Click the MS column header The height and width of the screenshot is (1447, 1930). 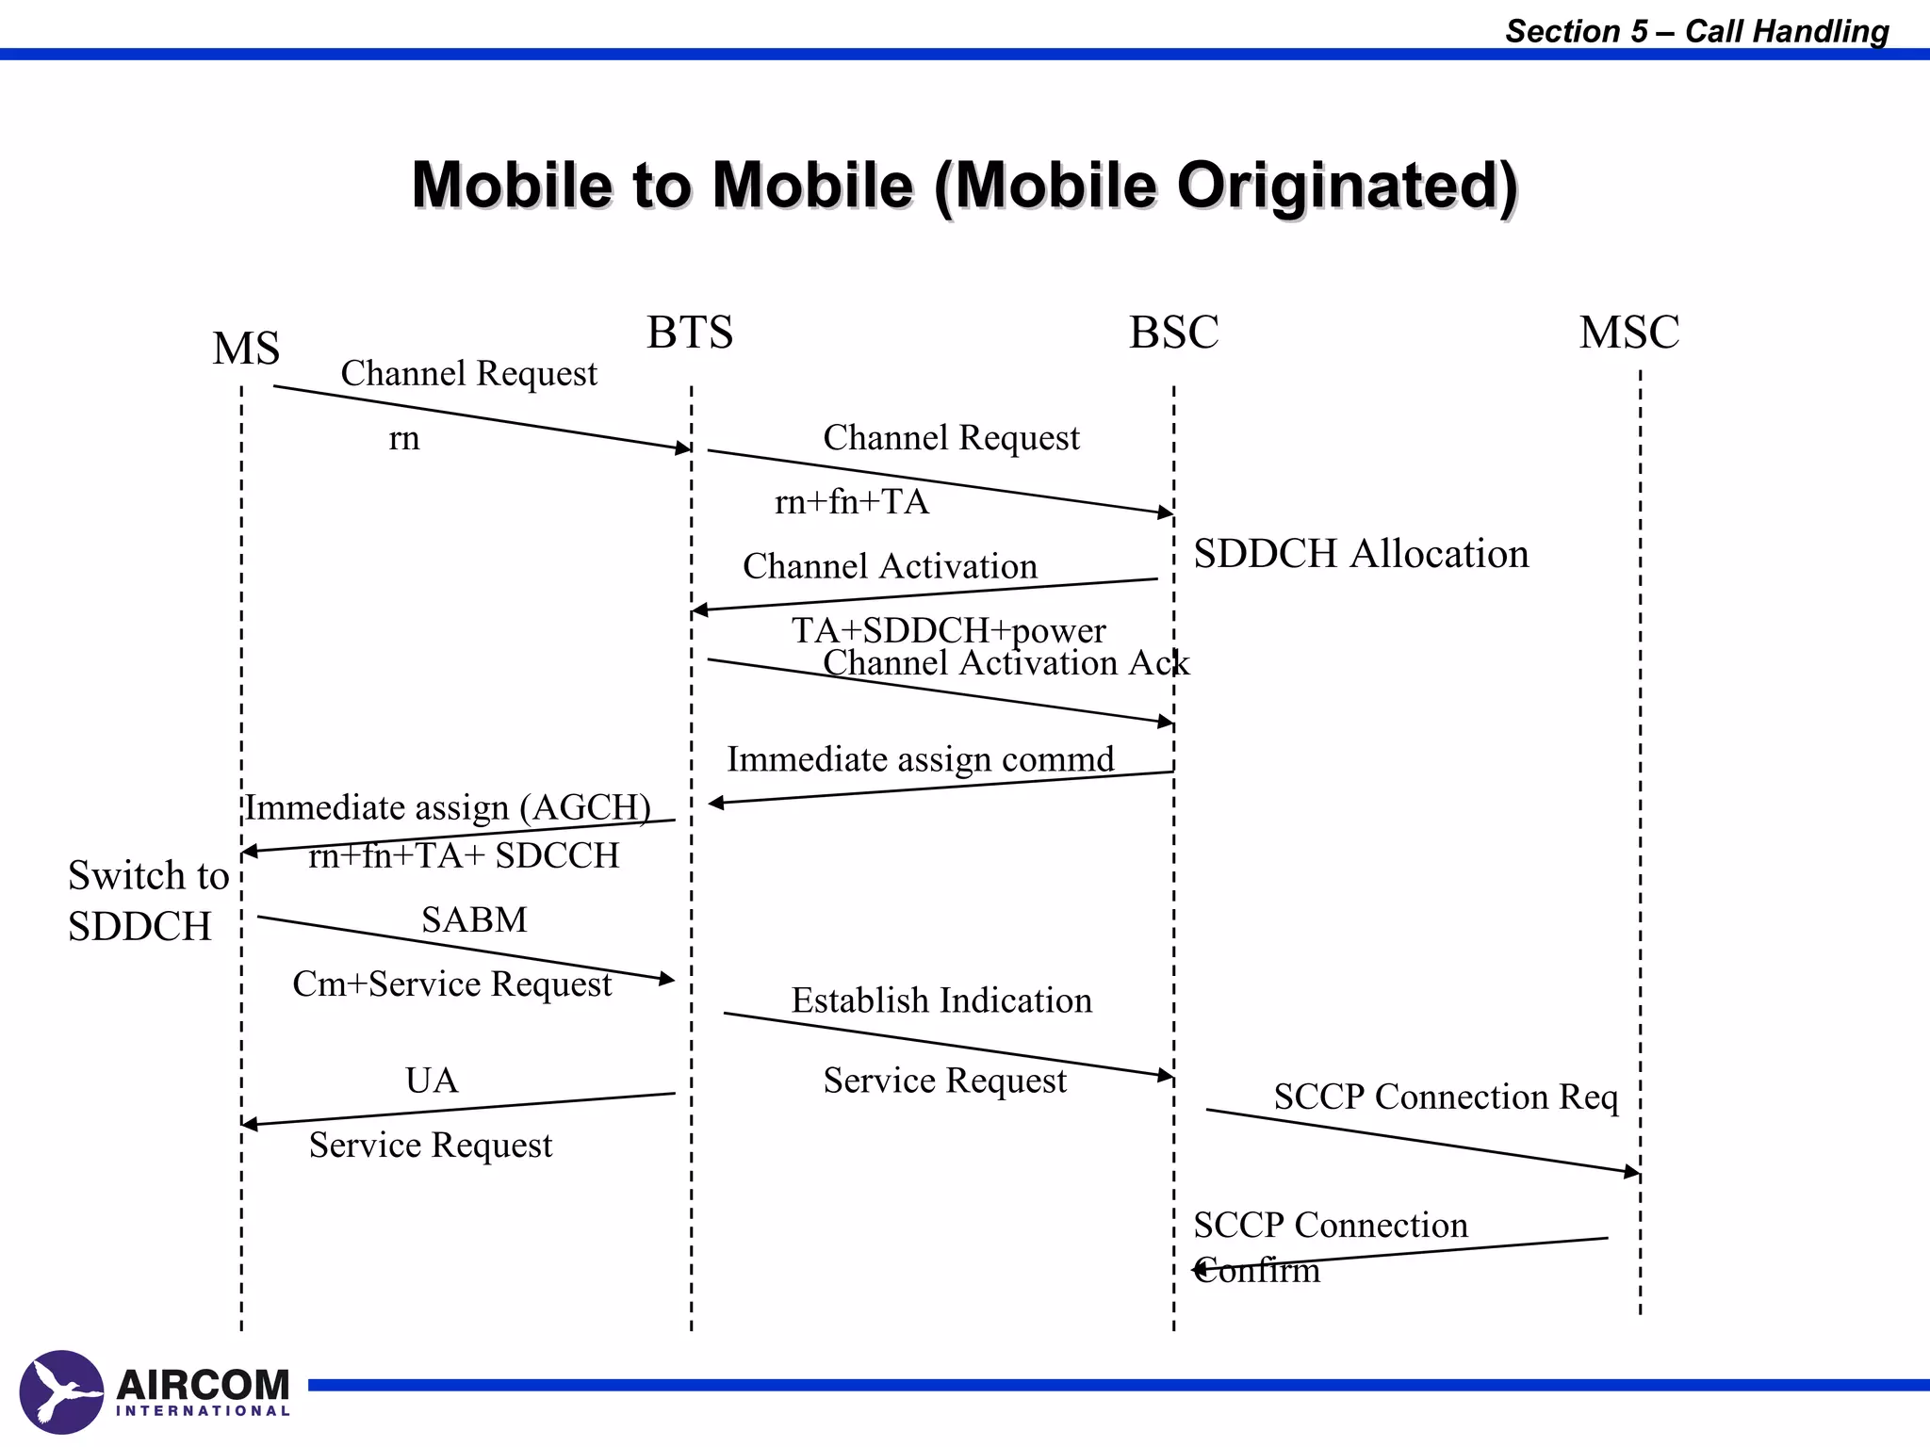pos(246,349)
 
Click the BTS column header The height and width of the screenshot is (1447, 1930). pos(690,332)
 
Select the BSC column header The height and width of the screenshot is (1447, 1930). pos(1173,332)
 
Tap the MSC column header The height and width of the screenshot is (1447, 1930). pos(1629,332)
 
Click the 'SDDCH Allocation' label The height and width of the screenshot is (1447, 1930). pos(1361,554)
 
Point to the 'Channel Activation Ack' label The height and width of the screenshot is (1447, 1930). pos(1006,664)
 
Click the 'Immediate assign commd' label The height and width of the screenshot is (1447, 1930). pos(920,759)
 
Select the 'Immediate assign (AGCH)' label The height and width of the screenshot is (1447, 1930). pos(449,807)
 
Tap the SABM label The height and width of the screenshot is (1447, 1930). pos(474,919)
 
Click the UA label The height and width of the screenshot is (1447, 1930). pos(432,1081)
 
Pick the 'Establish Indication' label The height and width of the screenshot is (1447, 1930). pos(941,1000)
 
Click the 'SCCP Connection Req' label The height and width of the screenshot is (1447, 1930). pos(1446,1097)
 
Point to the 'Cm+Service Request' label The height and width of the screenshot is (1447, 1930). pos(452,984)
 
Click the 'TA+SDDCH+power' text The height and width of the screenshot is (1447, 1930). pos(948,630)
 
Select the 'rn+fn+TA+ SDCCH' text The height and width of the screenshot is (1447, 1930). pos(464,855)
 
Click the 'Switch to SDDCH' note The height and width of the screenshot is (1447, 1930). pos(148,901)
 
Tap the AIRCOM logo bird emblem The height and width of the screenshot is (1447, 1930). pos(61,1392)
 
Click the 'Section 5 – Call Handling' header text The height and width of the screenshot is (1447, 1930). pos(1696,31)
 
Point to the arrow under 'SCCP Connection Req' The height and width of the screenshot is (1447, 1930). pos(1423,1142)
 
